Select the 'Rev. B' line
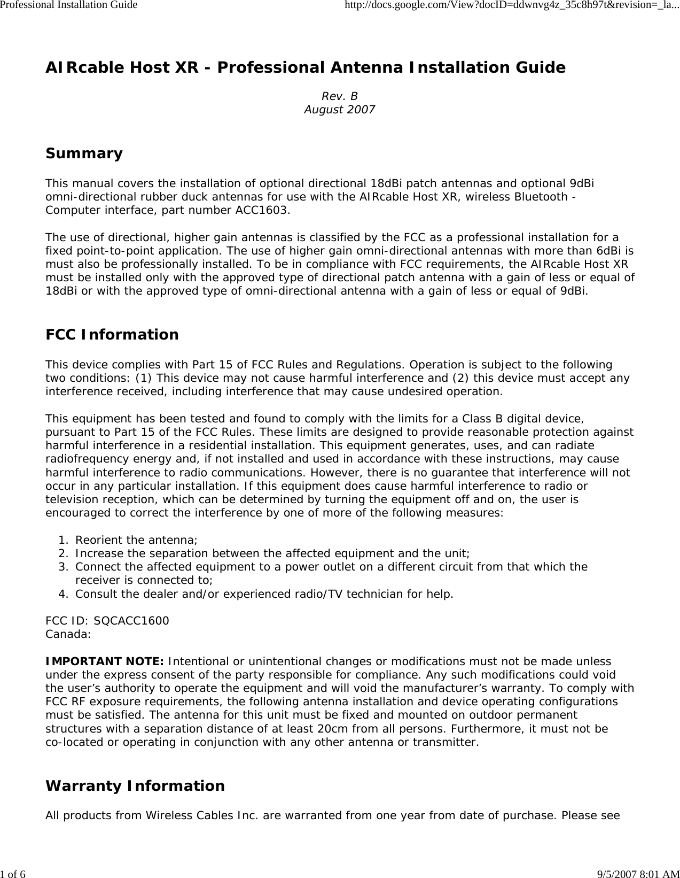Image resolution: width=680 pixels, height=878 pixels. coord(339,96)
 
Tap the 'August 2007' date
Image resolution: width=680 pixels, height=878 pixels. coord(339,110)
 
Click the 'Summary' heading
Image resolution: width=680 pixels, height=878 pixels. coord(84,153)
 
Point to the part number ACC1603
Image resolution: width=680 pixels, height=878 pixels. coord(262,210)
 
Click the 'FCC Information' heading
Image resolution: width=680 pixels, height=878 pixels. coord(112,335)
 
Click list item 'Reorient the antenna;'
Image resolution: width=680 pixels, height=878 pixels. coord(136,540)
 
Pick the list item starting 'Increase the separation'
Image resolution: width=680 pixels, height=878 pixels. coord(272,553)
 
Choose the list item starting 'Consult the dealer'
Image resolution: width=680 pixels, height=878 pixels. coord(264,594)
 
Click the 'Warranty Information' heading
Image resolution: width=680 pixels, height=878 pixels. coord(135,786)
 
